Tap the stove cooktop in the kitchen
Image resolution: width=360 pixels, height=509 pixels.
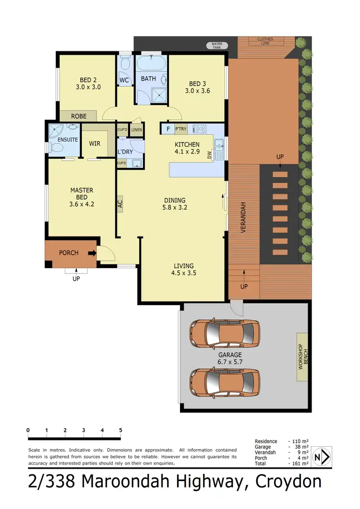click(x=199, y=129)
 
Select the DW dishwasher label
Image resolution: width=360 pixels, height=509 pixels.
click(x=209, y=155)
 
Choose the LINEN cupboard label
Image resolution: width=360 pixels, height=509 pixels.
click(x=137, y=130)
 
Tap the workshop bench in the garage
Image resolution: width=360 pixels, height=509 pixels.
click(x=302, y=357)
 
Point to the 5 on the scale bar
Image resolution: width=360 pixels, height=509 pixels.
click(x=120, y=430)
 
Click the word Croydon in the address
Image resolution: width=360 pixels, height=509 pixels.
click(x=288, y=481)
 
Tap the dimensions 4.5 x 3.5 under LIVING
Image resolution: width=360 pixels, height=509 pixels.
click(x=183, y=273)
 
